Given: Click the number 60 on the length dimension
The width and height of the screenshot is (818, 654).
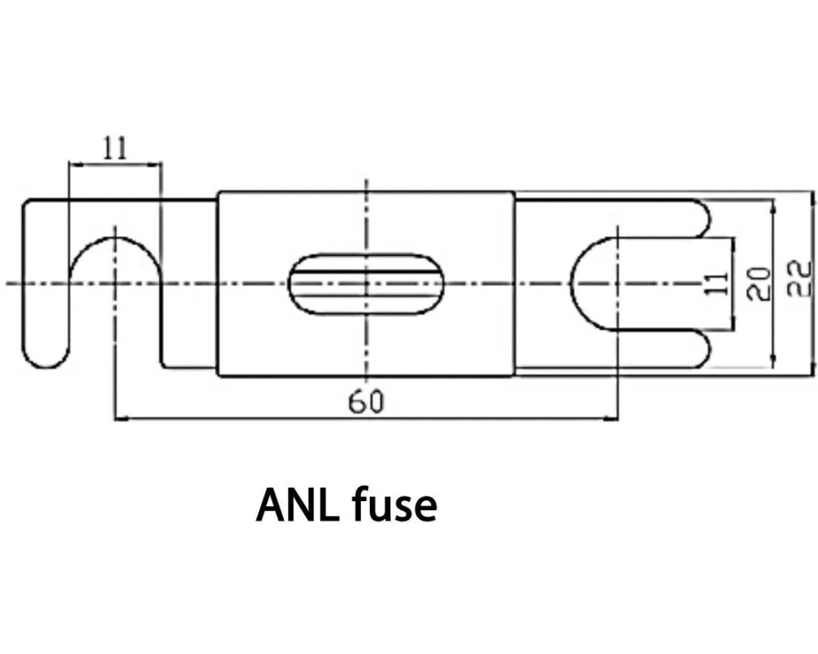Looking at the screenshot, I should tap(366, 402).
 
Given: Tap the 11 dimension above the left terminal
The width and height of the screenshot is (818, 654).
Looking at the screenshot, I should tap(115, 148).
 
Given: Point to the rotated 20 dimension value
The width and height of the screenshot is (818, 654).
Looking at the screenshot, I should tap(761, 283).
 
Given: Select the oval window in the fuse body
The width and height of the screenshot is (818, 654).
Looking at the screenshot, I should tap(367, 283).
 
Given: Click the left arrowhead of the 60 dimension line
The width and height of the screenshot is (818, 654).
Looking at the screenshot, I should tap(119, 419).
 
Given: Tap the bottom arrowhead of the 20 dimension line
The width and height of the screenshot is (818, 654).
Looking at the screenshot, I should tap(774, 363).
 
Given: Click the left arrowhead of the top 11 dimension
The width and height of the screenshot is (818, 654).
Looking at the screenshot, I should tap(73, 164).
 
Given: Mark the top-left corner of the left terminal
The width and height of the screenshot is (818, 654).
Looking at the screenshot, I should tap(25, 201).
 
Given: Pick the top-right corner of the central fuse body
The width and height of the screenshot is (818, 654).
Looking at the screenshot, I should tap(515, 193).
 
